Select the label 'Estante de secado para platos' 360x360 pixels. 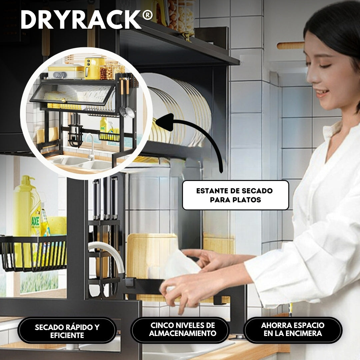pyautogui.click(x=235, y=195)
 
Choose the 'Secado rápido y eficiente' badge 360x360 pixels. pyautogui.click(x=67, y=331)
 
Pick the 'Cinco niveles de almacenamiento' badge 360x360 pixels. pyautogui.click(x=180, y=329)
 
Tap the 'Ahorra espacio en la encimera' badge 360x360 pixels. pyautogui.click(x=293, y=329)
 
